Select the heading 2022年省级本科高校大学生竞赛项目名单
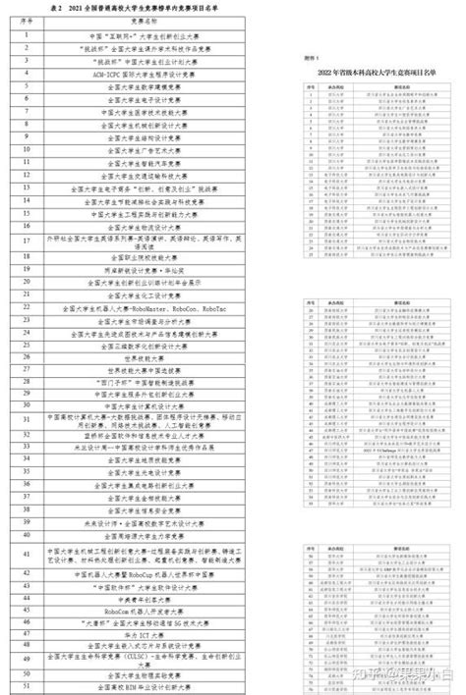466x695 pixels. click(x=379, y=74)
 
